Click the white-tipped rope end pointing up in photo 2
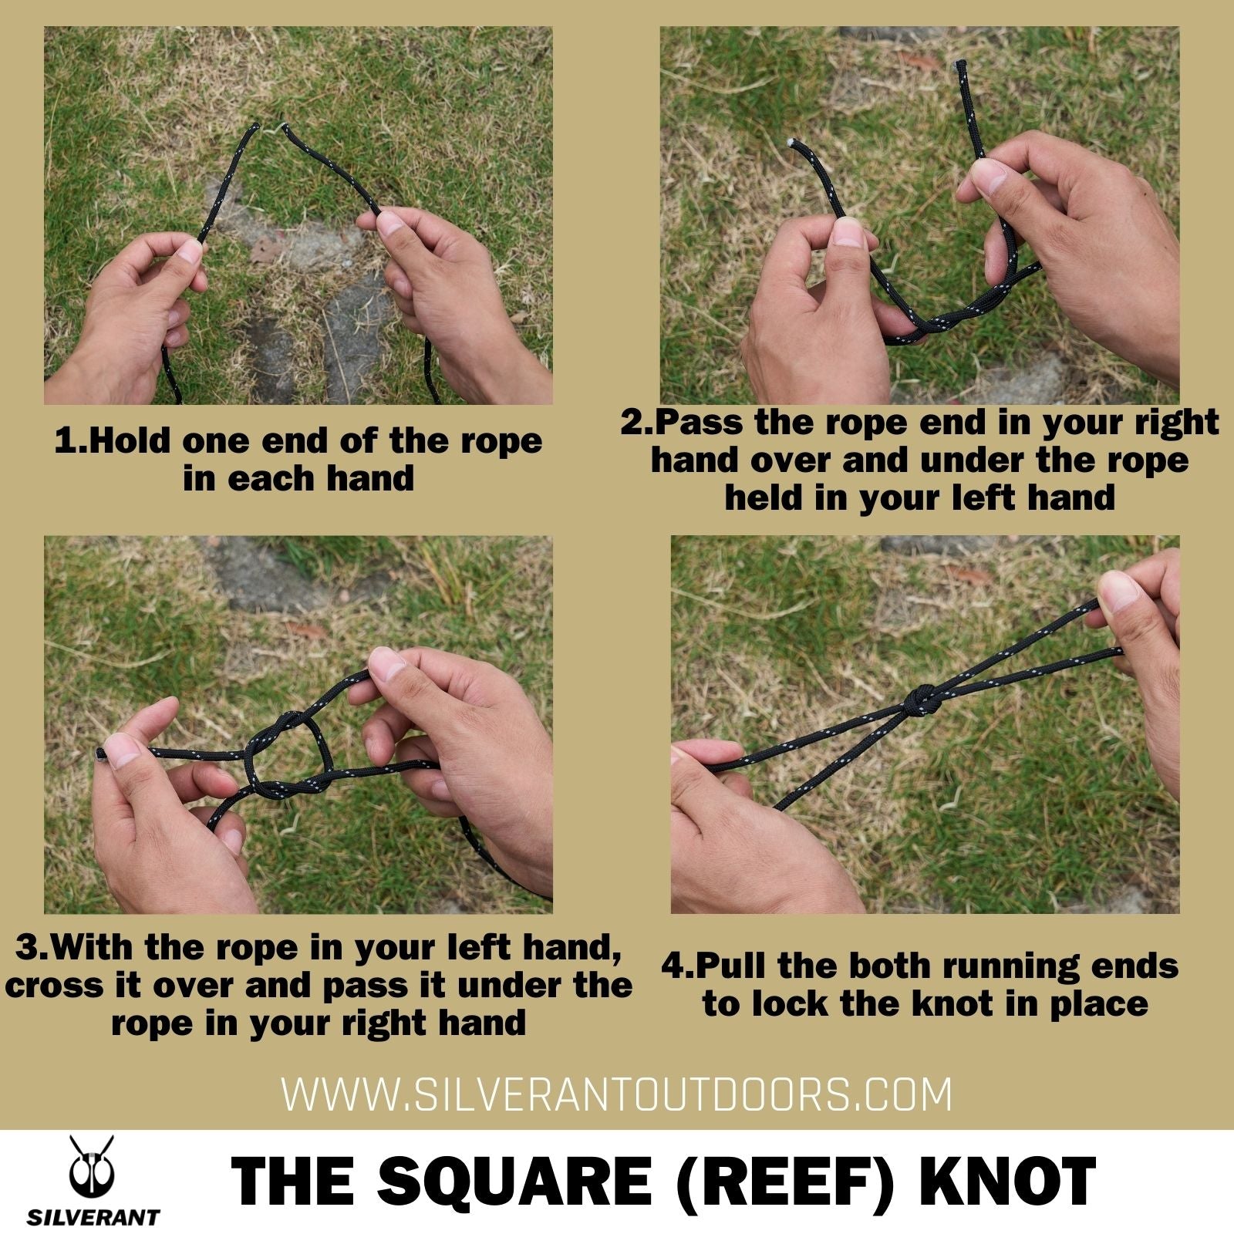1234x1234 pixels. click(962, 69)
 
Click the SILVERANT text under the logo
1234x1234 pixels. click(93, 1218)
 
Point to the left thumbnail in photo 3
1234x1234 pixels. click(123, 748)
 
